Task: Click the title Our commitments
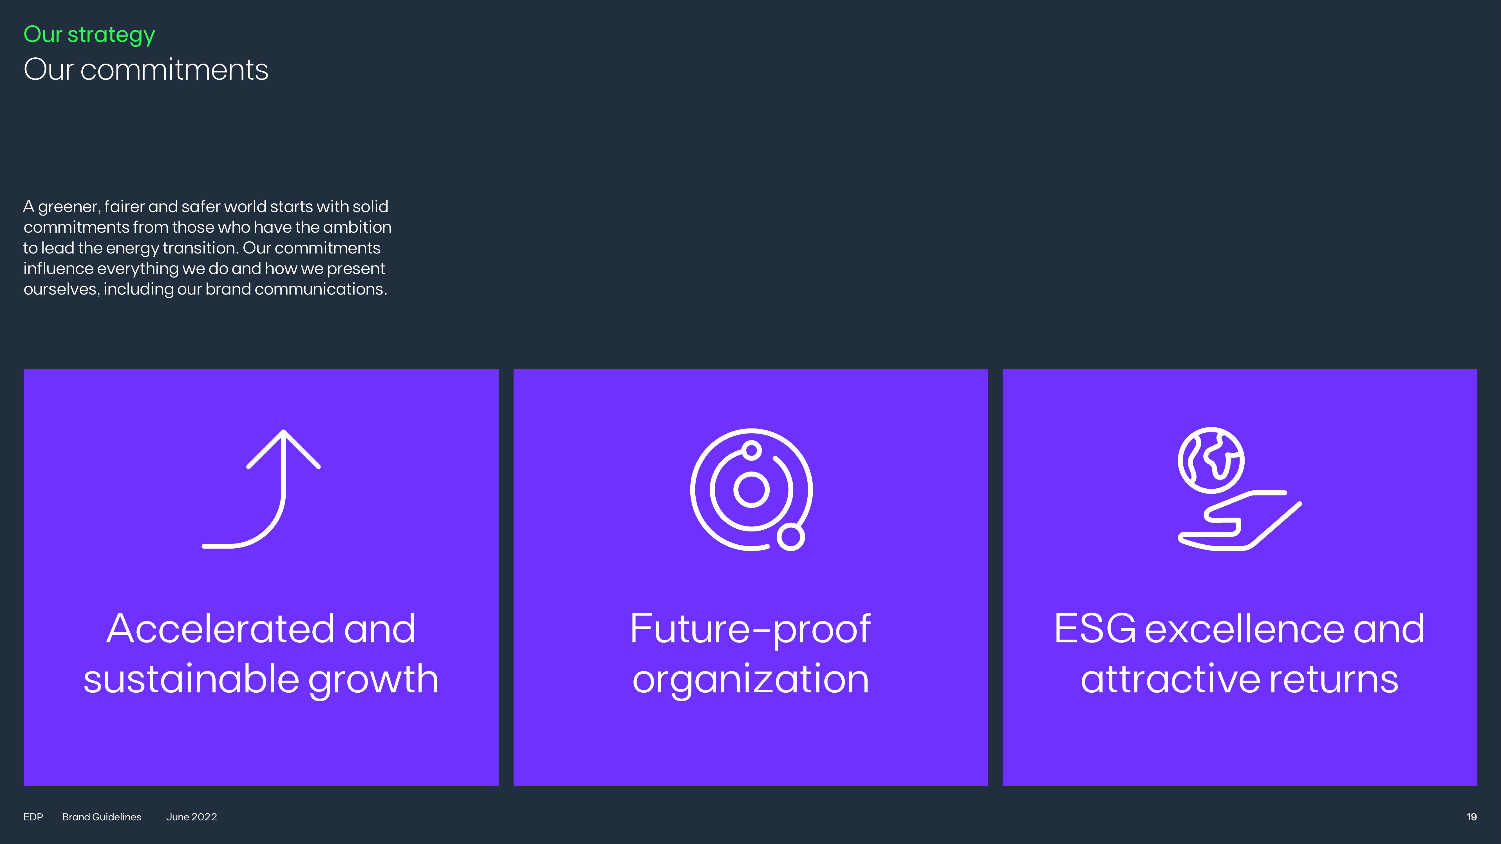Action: (146, 69)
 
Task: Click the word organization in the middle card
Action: (750, 680)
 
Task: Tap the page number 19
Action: (1471, 817)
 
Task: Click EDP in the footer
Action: (33, 817)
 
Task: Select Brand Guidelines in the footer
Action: (101, 817)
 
